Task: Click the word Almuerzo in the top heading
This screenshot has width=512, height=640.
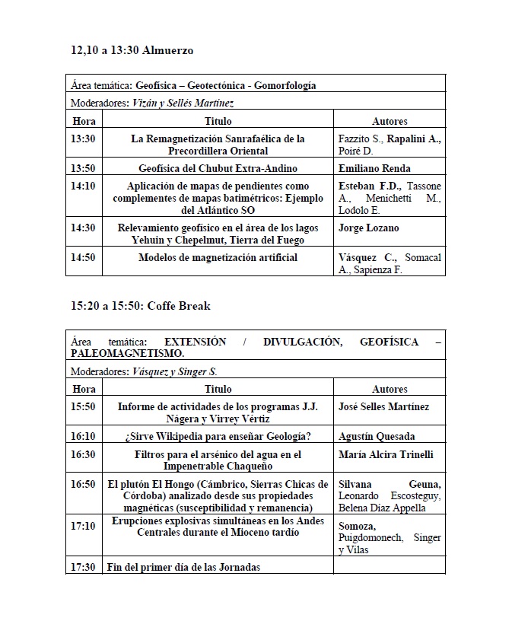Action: click(168, 51)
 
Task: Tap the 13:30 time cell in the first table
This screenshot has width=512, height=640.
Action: click(83, 139)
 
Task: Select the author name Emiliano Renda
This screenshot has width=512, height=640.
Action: click(374, 169)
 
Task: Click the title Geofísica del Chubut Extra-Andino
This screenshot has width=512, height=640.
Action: click(218, 169)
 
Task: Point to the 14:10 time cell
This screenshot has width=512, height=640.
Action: click(83, 186)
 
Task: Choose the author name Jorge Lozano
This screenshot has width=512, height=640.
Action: click(368, 228)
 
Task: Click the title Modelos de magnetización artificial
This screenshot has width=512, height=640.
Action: click(218, 258)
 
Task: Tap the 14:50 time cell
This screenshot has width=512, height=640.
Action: click(83, 258)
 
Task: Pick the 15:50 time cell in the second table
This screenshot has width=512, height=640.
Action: click(83, 407)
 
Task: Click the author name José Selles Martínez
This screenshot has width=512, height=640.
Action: click(383, 407)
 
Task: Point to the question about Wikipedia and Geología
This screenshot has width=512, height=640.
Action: click(218, 437)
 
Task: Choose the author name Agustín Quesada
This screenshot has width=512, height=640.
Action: click(374, 437)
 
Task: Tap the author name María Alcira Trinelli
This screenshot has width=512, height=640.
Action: click(386, 455)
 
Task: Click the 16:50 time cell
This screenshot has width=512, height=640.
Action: click(83, 484)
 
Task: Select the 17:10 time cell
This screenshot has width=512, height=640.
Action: click(83, 526)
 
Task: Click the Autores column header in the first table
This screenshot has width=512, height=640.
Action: click(390, 121)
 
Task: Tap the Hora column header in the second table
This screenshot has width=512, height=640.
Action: click(84, 389)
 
